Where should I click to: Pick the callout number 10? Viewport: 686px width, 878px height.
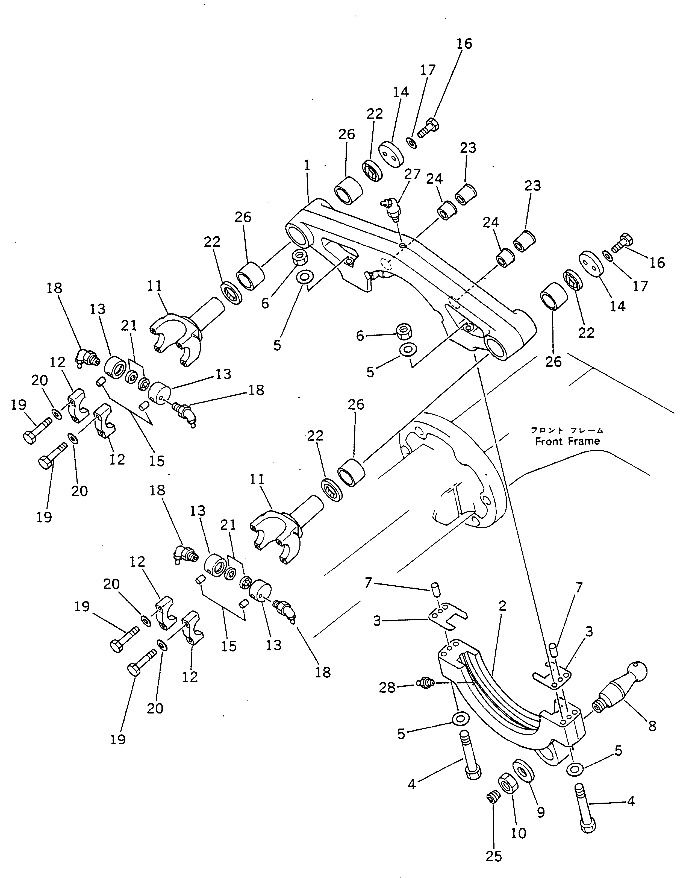[x=519, y=833]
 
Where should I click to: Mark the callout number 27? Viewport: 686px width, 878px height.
[x=412, y=174]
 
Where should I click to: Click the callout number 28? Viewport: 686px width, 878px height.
[x=387, y=688]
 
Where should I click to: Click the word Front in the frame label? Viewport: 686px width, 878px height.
[x=549, y=441]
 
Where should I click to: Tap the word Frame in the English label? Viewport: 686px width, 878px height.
[x=585, y=441]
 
